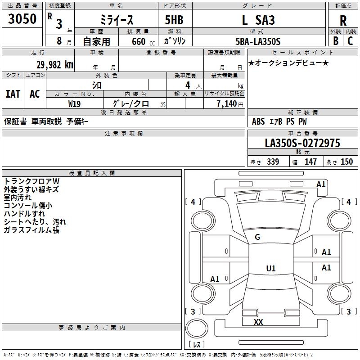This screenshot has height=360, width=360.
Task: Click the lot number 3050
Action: pyautogui.click(x=22, y=19)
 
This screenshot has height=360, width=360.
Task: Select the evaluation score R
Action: pyautogui.click(x=343, y=21)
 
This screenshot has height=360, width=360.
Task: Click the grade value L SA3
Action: pyautogui.click(x=258, y=20)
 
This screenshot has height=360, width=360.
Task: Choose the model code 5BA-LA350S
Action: pyautogui.click(x=258, y=41)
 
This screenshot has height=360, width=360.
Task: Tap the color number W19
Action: pyautogui.click(x=75, y=103)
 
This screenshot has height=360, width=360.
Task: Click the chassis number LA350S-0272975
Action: pyautogui.click(x=302, y=143)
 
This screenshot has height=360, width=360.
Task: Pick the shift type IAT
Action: pyautogui.click(x=13, y=94)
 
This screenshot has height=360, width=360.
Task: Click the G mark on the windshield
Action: pyautogui.click(x=257, y=237)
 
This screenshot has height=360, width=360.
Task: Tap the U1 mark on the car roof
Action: pyautogui.click(x=270, y=269)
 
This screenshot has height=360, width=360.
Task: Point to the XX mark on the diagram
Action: pyautogui.click(x=258, y=322)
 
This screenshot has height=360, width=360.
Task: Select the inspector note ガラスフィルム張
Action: pyautogui.click(x=31, y=230)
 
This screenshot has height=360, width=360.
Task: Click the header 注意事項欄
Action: pyautogui.click(x=123, y=134)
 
